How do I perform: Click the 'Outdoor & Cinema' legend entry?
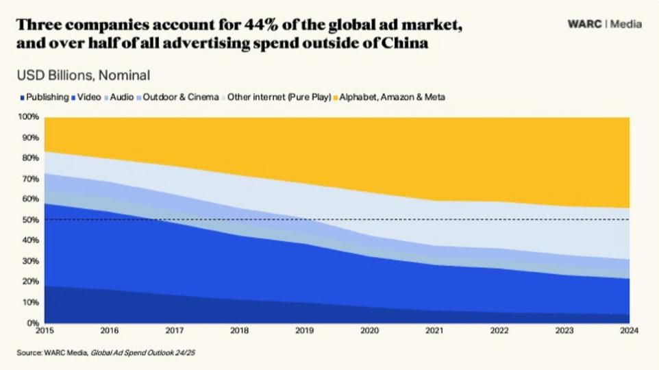(179, 97)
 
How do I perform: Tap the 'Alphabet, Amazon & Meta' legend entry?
(390, 97)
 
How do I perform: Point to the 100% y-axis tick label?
(30, 117)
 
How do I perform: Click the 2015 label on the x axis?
(45, 332)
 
